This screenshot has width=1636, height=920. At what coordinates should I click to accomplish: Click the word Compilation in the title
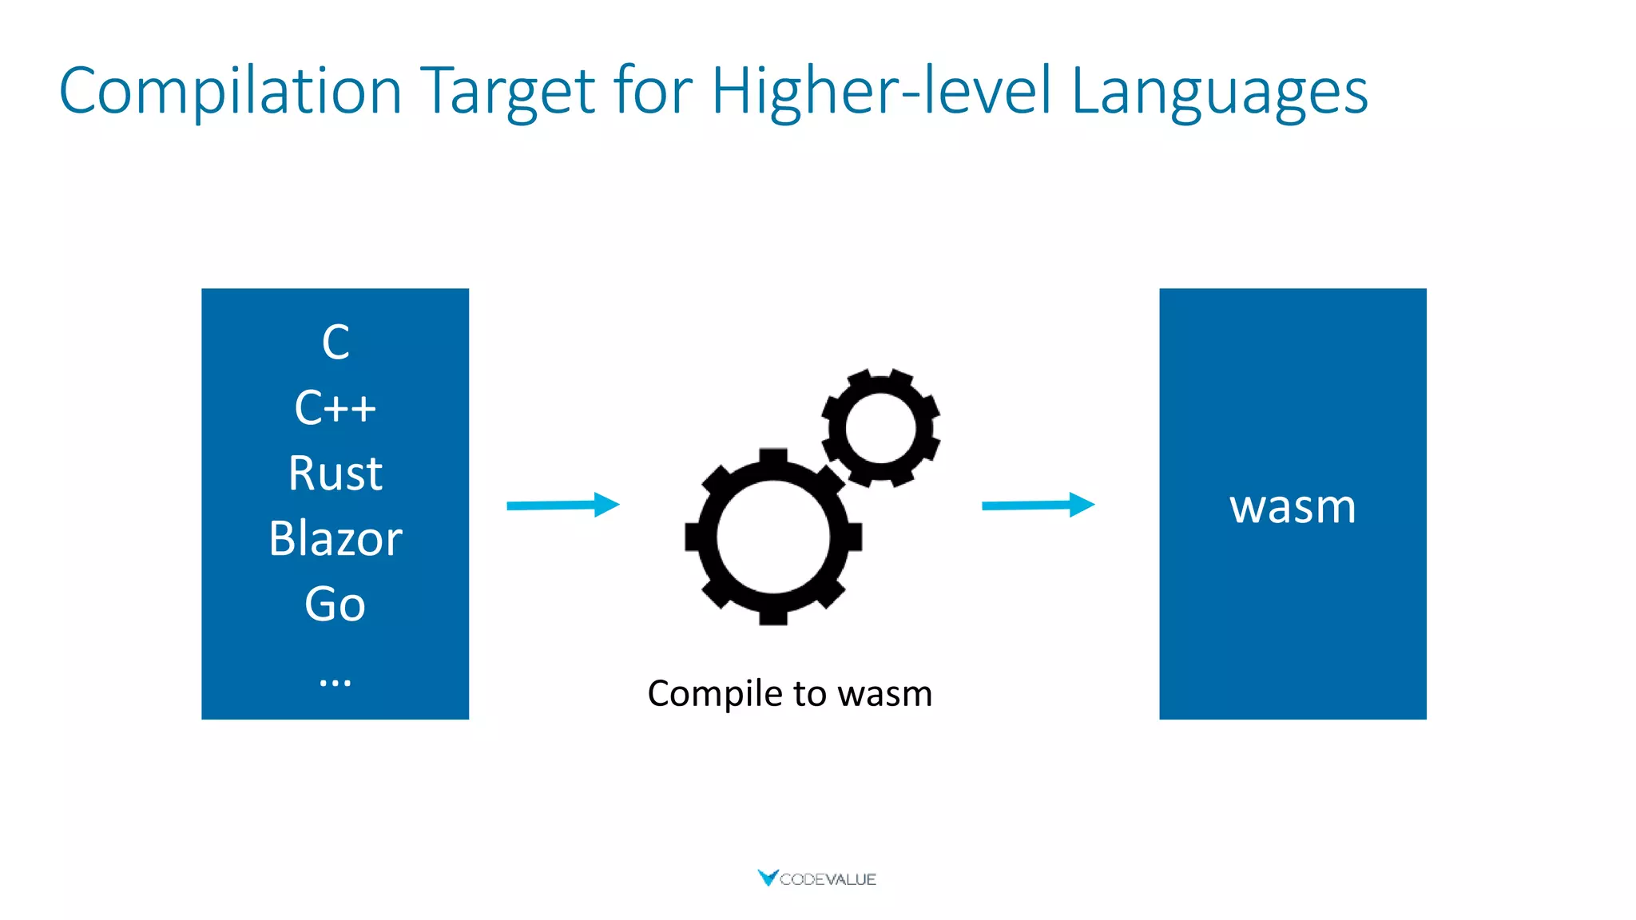tap(230, 92)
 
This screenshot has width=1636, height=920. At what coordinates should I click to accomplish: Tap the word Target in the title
tap(507, 92)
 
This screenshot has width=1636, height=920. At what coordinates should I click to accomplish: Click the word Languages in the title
tap(1219, 92)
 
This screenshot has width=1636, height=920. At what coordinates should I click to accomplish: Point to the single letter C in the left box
tap(336, 343)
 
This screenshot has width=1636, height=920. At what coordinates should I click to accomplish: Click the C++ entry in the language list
tap(336, 408)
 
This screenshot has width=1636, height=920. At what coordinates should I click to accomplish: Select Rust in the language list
tap(336, 473)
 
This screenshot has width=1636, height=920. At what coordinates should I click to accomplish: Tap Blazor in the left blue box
tap(336, 538)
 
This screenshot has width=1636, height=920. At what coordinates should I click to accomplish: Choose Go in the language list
tap(336, 604)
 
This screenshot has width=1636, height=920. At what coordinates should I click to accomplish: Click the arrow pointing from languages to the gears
tap(563, 505)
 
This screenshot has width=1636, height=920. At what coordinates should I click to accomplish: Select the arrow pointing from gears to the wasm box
tap(1038, 505)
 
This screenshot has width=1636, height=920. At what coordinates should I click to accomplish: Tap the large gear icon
tap(772, 537)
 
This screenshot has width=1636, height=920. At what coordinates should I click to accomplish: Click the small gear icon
tap(880, 427)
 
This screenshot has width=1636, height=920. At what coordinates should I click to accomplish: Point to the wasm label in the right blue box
tap(1293, 506)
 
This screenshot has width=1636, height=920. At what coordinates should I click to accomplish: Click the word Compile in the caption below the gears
tap(715, 694)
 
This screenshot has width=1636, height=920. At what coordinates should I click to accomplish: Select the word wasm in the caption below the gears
tap(885, 694)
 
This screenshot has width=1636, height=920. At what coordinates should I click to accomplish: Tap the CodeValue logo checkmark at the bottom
tap(768, 878)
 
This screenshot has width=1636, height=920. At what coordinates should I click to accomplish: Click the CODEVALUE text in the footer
tap(828, 879)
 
